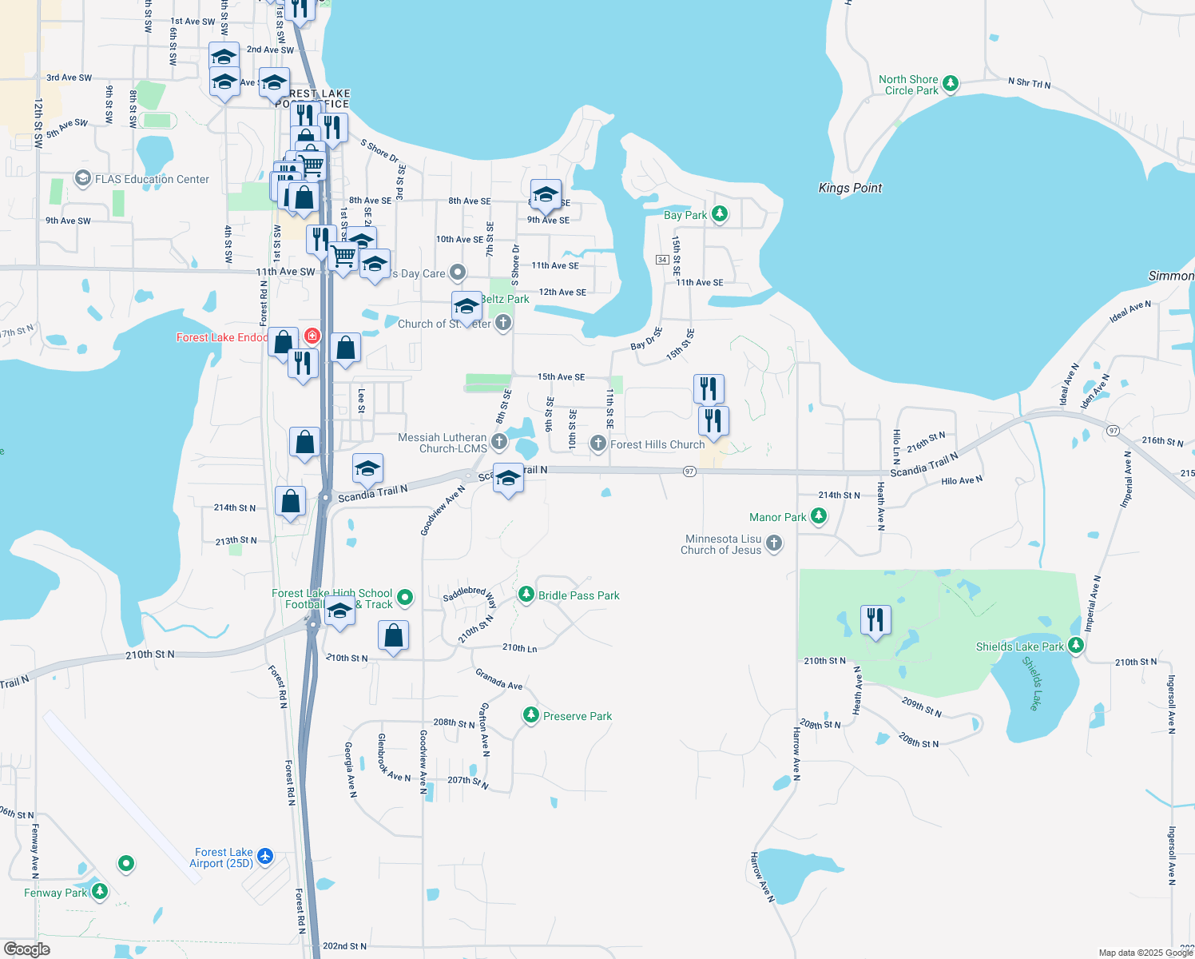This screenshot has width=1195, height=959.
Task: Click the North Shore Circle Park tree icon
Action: tap(950, 84)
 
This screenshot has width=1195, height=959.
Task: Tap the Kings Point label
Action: tap(850, 188)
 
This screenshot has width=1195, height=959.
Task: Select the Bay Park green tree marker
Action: tap(720, 214)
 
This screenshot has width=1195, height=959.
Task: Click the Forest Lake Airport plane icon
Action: tap(265, 858)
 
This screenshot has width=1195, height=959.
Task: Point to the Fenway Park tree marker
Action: tap(100, 891)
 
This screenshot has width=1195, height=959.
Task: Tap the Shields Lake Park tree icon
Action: tap(1076, 645)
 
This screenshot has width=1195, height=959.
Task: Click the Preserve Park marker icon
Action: tap(531, 715)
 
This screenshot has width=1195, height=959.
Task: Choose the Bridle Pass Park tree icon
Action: tap(526, 594)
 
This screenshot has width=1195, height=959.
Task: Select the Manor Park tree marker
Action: tap(819, 516)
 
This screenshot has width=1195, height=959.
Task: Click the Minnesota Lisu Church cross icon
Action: tap(773, 544)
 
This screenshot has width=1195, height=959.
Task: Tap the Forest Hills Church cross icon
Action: tap(597, 444)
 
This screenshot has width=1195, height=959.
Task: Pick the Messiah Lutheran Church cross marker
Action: tap(499, 441)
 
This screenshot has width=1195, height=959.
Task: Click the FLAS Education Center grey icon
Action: tap(82, 178)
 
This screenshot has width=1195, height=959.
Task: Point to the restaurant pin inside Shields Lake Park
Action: tap(875, 620)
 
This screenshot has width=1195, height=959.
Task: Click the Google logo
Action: tap(27, 949)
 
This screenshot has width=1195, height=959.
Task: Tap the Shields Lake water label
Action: tap(1032, 683)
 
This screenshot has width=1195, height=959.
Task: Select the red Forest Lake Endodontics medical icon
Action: tap(312, 336)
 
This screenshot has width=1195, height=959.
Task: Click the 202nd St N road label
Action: tap(345, 946)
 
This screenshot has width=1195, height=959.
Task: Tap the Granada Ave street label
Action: tap(498, 679)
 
